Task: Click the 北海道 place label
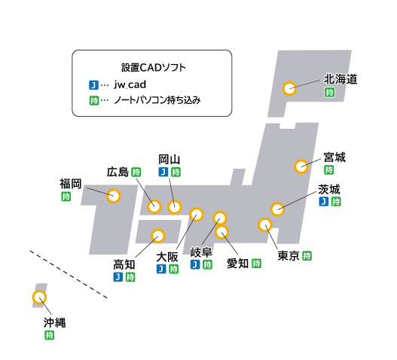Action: pos(341,79)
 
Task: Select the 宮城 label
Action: pos(334,157)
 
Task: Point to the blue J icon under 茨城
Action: pos(324,202)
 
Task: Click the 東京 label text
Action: pos(289,256)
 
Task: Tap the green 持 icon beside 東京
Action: pos(307,256)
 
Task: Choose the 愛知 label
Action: pos(237,264)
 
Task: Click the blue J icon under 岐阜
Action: pos(195,264)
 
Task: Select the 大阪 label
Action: pos(167,257)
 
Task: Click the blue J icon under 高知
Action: pos(118,276)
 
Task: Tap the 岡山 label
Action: pos(169,160)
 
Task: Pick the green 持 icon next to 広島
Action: pos(136,172)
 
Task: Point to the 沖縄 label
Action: pos(54,322)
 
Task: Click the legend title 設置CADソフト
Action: pos(154,68)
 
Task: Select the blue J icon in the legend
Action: pos(93,85)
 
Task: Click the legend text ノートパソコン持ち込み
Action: pos(157,100)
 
